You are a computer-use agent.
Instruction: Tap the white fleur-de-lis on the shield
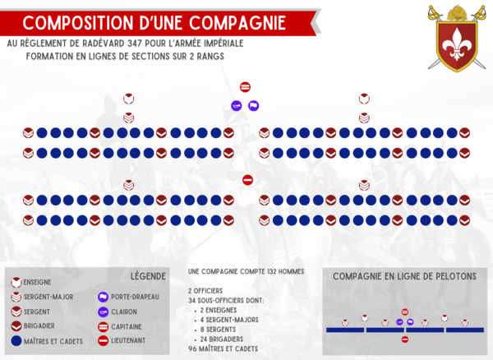[458, 44]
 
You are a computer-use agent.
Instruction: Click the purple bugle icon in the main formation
[237, 106]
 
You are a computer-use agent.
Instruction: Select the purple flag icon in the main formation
[253, 106]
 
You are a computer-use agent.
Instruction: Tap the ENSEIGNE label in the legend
[37, 282]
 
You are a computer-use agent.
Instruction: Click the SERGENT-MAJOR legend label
[48, 297]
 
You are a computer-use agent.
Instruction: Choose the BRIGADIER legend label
[39, 326]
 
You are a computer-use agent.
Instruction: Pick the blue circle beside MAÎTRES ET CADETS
[16, 341]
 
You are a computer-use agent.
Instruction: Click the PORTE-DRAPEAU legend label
[135, 297]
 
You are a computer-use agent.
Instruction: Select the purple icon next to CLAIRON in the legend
[104, 312]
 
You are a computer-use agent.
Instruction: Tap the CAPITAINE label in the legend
[127, 327]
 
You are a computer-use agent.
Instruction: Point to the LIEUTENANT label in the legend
[128, 340]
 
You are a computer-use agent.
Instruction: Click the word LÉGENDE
[148, 276]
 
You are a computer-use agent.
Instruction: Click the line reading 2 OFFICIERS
[205, 291]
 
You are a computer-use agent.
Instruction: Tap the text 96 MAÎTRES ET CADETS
[223, 348]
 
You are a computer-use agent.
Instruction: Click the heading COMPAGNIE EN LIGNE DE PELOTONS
[404, 276]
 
